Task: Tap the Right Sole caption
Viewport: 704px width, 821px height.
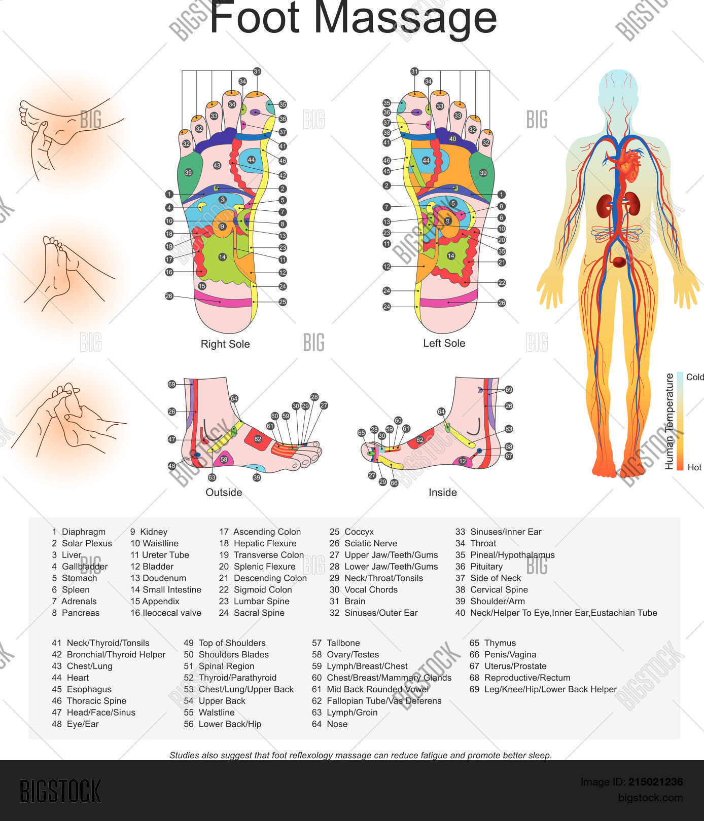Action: pos(225,344)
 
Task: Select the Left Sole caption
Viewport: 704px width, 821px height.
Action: pos(444,343)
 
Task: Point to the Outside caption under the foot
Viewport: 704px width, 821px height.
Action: pos(224,492)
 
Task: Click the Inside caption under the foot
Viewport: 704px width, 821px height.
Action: pos(443,492)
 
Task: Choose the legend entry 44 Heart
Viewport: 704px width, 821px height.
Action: pos(70,678)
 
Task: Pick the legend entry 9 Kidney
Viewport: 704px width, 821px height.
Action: pos(149,532)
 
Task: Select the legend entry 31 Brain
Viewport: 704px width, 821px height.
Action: pos(347,601)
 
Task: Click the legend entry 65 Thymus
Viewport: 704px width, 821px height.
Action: pos(492,643)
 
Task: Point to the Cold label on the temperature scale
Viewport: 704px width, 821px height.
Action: pos(695,377)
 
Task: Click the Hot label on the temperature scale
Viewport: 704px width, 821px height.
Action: pos(694,467)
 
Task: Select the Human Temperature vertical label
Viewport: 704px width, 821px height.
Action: pos(670,421)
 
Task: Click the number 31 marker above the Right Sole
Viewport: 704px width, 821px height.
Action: pos(257,71)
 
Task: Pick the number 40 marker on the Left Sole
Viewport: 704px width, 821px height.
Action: pos(452,139)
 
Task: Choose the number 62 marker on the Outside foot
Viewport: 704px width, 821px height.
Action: pos(258,439)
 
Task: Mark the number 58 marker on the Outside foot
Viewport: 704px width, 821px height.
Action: pos(224,459)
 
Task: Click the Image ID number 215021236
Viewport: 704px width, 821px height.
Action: pos(655,782)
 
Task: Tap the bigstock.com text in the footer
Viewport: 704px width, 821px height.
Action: pos(650,798)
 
